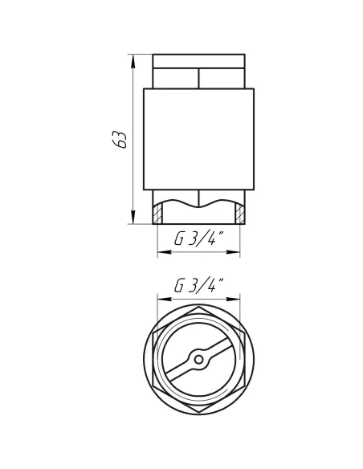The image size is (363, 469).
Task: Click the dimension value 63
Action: [120, 139]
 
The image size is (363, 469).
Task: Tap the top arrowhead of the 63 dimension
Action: [131, 59]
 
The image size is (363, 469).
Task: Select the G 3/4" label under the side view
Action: [198, 239]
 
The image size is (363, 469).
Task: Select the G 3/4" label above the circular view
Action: [198, 286]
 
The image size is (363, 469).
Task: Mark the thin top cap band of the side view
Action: [198, 60]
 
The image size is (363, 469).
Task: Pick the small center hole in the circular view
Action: [198, 359]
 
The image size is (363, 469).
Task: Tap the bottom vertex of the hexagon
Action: [198, 415]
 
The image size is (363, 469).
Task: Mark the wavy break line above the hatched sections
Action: [198, 203]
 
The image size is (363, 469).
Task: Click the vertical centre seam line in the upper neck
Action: [198, 77]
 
